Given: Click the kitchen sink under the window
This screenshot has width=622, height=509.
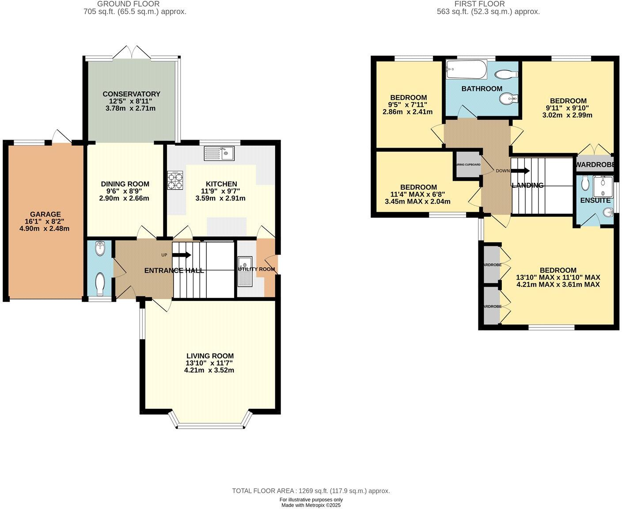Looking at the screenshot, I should [220, 154].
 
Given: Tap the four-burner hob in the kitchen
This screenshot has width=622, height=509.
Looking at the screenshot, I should [175, 180].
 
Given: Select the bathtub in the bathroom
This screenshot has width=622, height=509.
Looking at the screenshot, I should [466, 69].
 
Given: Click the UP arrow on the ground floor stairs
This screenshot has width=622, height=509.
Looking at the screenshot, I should [182, 255].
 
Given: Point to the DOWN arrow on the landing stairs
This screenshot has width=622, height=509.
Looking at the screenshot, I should [520, 171].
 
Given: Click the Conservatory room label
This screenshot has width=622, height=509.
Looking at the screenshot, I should [131, 94].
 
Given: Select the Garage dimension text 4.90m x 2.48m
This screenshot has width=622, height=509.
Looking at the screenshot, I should [45, 228].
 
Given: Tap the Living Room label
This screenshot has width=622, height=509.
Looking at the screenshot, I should [210, 356].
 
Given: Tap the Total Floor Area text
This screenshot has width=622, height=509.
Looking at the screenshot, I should [311, 491].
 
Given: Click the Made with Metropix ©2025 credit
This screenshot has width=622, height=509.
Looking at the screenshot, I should [311, 505].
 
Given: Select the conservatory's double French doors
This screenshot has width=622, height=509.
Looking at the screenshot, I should [132, 52].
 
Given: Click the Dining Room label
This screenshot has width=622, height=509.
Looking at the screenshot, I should [125, 184].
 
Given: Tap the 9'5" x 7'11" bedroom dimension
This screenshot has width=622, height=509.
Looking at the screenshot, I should [408, 105].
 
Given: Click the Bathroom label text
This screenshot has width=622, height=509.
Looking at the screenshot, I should [482, 88].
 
